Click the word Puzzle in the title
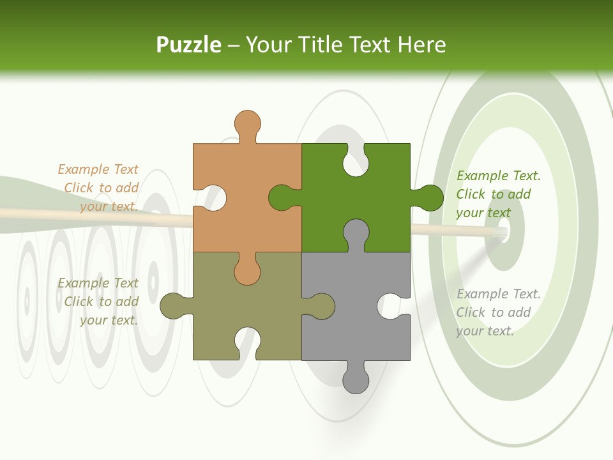[188, 45]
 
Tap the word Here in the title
[421, 45]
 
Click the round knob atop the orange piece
[247, 123]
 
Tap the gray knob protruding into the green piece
[356, 233]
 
